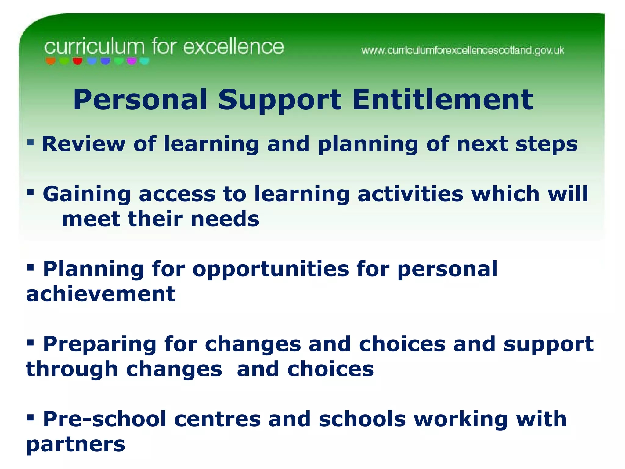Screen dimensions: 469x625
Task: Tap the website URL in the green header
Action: click(x=463, y=50)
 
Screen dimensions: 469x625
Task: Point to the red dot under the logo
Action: click(x=78, y=61)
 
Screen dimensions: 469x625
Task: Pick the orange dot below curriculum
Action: click(x=51, y=61)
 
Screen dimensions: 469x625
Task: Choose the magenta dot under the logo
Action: click(x=132, y=61)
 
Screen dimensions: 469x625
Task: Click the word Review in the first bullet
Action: click(x=84, y=144)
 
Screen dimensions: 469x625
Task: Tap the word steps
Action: click(x=546, y=144)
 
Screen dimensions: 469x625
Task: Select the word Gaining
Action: click(x=87, y=194)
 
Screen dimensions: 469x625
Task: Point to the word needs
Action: click(x=225, y=219)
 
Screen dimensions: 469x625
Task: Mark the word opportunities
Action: click(x=271, y=270)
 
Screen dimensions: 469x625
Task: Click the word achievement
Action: click(x=101, y=294)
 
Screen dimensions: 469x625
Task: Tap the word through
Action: click(x=72, y=369)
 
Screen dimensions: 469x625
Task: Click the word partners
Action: click(x=76, y=445)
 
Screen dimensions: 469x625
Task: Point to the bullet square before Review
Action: click(x=30, y=142)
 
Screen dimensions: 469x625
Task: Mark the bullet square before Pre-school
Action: click(x=30, y=417)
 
